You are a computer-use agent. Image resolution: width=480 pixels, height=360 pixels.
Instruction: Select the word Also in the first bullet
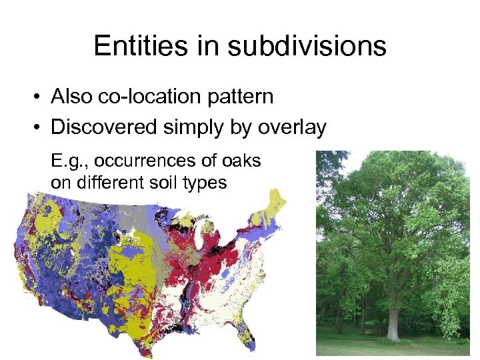point(73,97)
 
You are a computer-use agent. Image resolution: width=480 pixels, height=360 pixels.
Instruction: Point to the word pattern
point(240,97)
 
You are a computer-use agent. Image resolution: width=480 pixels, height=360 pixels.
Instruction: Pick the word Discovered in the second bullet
point(105,127)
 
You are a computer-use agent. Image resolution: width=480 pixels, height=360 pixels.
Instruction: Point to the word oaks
point(242,161)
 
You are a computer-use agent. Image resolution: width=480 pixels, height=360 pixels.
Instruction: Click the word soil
point(164,182)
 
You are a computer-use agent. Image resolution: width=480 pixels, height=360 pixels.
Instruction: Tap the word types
point(206,182)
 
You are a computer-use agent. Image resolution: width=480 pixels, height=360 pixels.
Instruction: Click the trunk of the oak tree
point(394,322)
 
